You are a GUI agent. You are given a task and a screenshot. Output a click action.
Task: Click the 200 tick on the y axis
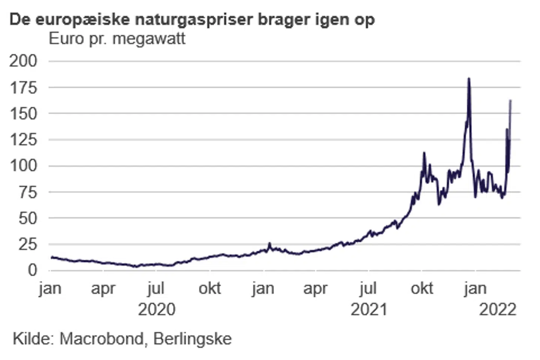23,61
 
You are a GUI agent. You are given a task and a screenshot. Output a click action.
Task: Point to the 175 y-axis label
23,88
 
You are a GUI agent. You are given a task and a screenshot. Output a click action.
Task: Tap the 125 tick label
23,139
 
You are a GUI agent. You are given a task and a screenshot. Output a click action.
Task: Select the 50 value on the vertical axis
28,218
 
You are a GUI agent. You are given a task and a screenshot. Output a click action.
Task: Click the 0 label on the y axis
32,270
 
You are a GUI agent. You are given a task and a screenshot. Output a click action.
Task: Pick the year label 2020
156,310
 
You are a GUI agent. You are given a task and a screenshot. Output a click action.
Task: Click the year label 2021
369,310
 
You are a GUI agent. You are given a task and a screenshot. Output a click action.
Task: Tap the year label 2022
498,310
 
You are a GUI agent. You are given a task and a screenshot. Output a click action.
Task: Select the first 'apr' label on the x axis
103,289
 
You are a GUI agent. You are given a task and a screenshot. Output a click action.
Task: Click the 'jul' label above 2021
367,289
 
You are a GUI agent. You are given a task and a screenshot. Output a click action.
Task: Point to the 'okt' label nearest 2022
422,289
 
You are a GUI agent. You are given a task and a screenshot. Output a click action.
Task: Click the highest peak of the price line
469,79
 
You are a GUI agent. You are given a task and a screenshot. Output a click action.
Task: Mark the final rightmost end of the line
510,100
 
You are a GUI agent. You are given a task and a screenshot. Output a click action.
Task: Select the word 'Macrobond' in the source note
101,339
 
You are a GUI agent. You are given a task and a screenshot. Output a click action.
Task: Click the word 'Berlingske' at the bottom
192,339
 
